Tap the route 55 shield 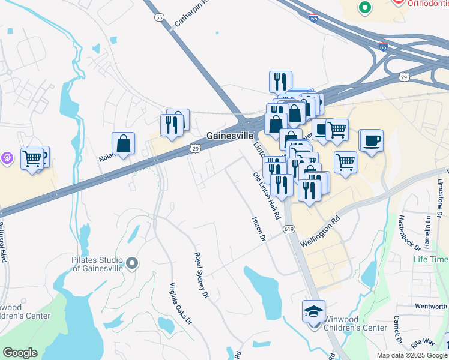pos(158,17)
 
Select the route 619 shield pos(289,229)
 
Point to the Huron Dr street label pos(259,229)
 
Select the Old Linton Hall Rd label pos(267,196)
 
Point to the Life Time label pos(430,259)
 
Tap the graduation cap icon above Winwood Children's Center pos(313,311)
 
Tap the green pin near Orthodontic pos(364,8)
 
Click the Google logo pos(20,353)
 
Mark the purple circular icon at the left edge pos(7,158)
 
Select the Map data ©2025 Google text pos(411,355)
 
